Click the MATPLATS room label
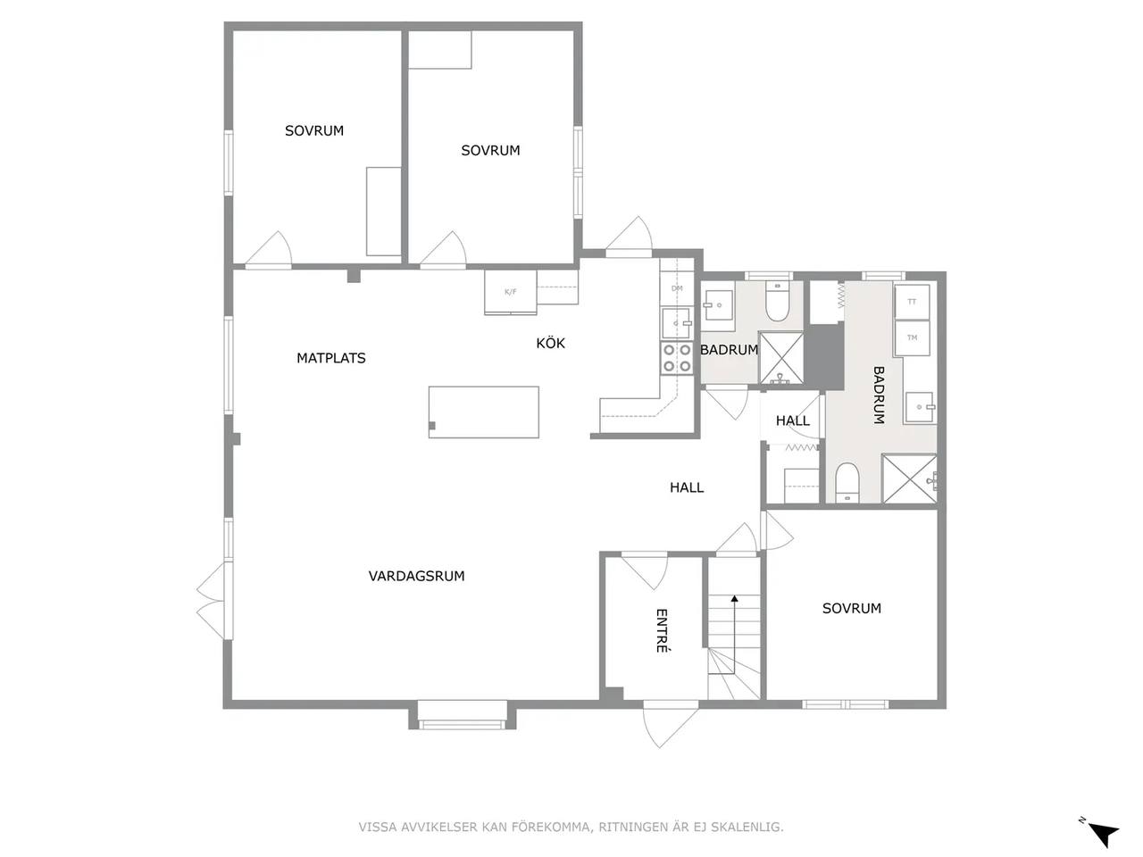pos(330,358)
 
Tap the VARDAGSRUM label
pos(416,576)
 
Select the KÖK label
pos(550,343)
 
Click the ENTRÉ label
pos(662,630)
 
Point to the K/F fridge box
pos(510,292)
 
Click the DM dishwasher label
pos(677,288)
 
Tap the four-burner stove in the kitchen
pos(677,358)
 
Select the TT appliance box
pos(912,301)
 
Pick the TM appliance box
pos(912,337)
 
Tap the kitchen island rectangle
pos(483,412)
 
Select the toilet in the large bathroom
pos(847,483)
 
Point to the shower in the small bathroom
pos(781,359)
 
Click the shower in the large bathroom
pos(909,478)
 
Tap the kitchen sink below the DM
pos(677,323)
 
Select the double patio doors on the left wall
pos(214,601)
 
